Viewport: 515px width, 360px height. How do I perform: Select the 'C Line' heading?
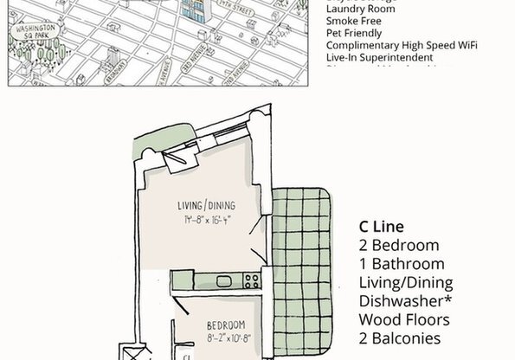(381, 227)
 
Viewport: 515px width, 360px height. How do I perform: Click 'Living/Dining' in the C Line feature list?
(406, 283)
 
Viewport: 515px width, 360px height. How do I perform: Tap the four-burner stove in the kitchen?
(252, 280)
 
